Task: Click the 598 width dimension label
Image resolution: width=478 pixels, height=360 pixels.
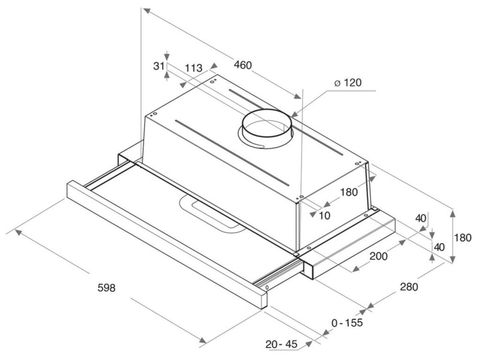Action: [107, 287]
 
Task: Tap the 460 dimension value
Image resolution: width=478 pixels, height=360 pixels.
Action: [243, 65]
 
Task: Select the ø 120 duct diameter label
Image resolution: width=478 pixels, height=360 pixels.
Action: [348, 82]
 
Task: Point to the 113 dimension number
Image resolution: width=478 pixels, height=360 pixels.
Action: [194, 68]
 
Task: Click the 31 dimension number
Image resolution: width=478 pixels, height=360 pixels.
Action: [159, 66]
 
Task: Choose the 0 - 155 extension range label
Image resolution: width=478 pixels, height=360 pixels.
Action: [347, 322]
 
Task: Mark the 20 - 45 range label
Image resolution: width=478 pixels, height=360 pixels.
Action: [281, 344]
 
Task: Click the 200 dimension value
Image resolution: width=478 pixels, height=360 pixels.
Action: [379, 256]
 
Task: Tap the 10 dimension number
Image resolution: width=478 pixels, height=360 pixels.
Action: [325, 216]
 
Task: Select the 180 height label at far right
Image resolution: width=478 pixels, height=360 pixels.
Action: [463, 238]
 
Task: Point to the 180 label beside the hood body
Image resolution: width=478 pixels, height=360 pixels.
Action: [349, 192]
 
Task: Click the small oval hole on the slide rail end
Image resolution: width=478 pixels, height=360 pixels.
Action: [267, 287]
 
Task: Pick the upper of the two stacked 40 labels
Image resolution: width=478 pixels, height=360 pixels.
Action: [421, 218]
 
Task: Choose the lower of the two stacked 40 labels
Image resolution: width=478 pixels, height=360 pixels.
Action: [439, 247]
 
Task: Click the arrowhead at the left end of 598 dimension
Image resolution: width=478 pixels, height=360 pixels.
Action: [18, 232]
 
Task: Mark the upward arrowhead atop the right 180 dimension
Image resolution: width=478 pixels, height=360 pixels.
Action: [453, 213]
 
